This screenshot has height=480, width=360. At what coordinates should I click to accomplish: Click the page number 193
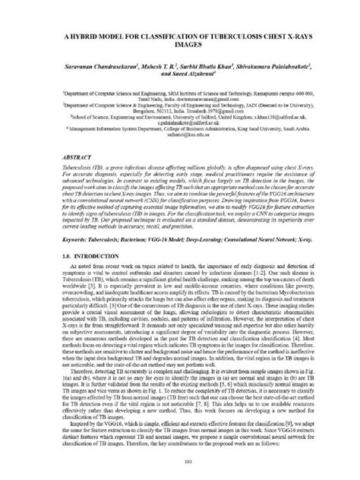180,461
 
